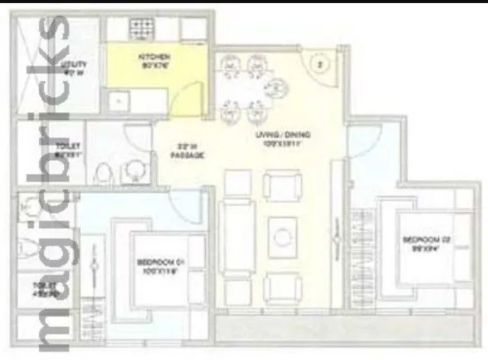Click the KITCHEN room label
coord(153,58)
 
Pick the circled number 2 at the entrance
coord(321,66)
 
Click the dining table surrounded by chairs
coord(246,89)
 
